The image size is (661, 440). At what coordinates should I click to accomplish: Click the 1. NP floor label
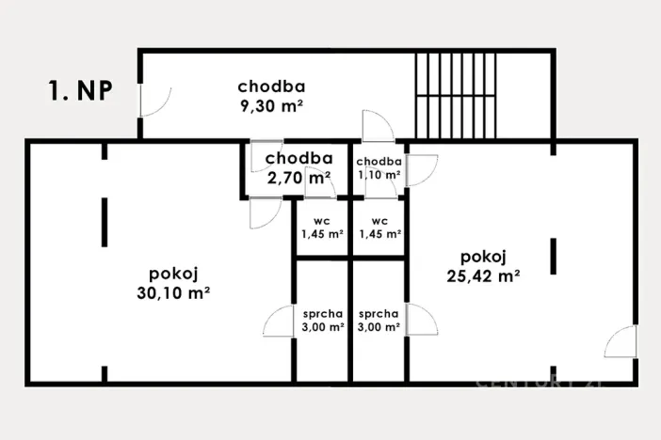click(81, 91)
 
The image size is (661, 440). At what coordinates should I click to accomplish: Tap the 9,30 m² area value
click(271, 106)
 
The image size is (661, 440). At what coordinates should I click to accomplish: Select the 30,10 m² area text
click(172, 292)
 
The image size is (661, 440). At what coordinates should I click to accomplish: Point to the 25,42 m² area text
click(485, 275)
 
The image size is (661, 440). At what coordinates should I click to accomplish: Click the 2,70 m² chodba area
click(298, 177)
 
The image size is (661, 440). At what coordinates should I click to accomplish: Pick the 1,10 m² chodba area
click(379, 175)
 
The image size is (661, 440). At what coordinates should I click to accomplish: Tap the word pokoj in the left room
click(172, 274)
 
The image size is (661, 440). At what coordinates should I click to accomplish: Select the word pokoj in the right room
click(485, 257)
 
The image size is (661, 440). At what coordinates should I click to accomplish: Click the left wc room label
click(322, 222)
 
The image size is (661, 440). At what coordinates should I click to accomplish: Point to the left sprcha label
click(322, 314)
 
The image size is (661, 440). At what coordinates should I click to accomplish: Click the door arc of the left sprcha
click(280, 322)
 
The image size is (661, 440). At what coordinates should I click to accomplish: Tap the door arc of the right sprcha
click(422, 322)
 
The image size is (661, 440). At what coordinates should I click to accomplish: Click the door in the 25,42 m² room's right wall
click(621, 342)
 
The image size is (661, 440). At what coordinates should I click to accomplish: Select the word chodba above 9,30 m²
click(271, 87)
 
